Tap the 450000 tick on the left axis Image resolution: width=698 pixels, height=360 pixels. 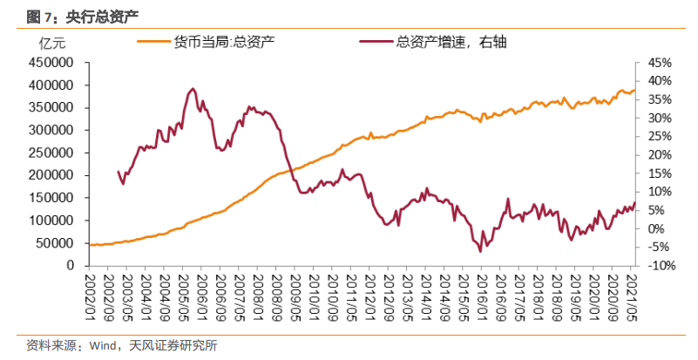tap(49, 63)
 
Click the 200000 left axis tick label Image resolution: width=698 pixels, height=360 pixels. tap(49, 175)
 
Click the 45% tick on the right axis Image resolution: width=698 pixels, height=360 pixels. tap(660, 63)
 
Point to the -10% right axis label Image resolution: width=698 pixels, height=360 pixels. tap(660, 266)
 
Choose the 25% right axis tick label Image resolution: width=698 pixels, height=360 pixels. tap(660, 137)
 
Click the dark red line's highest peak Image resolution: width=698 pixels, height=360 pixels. tap(193, 89)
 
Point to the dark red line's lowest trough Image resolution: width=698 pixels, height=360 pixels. tap(481, 251)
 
